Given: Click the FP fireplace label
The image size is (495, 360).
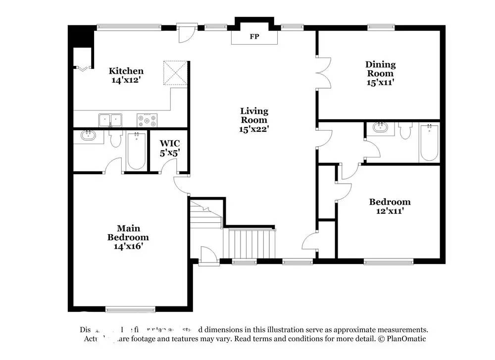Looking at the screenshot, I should coord(254,37).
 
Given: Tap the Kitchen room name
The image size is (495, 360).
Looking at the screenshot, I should coord(126,71).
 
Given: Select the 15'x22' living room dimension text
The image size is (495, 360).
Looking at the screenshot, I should coord(254,129).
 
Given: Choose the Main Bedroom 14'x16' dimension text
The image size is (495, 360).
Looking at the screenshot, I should coord(128,246).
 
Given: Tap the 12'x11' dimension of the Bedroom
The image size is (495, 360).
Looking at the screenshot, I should coord(390,211).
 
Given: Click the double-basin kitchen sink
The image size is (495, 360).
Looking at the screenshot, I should coord(110,120).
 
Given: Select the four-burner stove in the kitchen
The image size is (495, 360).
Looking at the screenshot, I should coord(148,120).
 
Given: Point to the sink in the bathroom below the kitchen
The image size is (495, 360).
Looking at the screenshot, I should coord(89,136).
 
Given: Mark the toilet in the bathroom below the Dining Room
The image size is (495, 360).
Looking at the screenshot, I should coord(405,131).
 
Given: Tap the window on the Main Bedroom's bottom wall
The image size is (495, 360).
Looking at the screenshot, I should coord(124,310).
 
